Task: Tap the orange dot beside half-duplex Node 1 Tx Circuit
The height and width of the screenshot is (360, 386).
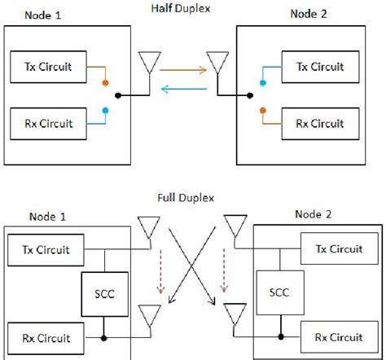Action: [x=104, y=83]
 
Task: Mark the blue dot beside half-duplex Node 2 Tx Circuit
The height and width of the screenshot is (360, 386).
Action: [x=263, y=83]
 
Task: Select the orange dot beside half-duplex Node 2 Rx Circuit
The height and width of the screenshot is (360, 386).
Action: [x=263, y=109]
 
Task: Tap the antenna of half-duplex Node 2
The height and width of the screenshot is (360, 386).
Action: [x=216, y=63]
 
